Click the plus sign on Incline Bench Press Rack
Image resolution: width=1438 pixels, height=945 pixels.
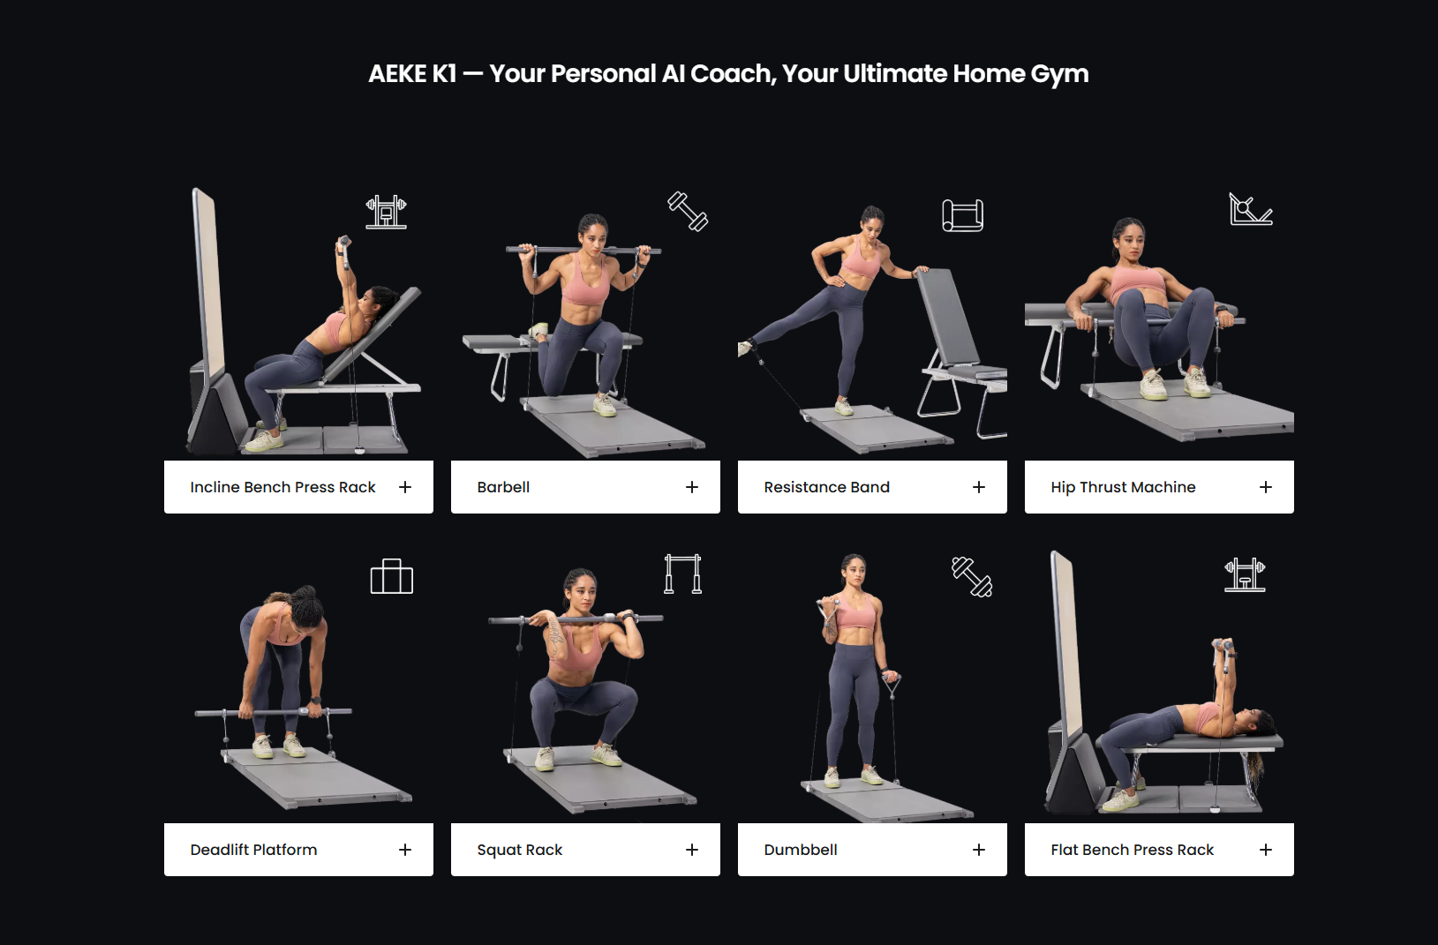[x=405, y=487]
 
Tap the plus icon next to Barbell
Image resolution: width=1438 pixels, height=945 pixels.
[x=692, y=487]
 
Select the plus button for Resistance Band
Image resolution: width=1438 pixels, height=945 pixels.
[x=979, y=487]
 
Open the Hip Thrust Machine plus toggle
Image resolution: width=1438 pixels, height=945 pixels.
[x=1266, y=487]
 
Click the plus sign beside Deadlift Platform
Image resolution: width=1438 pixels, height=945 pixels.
[x=405, y=850]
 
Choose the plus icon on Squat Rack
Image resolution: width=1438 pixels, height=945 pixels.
[x=692, y=850]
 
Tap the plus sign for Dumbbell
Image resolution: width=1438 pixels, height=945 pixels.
[x=979, y=850]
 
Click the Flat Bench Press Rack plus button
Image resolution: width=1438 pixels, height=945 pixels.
[x=1266, y=850]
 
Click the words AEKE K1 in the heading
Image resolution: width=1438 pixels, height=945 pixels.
[x=412, y=74]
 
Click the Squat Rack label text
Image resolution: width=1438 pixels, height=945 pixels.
[x=519, y=850]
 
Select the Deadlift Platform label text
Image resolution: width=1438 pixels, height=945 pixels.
[x=253, y=850]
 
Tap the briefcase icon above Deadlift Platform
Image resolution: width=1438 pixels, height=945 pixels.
[x=392, y=577]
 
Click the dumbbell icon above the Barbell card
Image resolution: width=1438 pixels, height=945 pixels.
[x=688, y=211]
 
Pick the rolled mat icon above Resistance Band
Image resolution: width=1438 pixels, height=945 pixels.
[x=963, y=215]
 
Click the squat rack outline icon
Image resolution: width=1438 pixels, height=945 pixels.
[x=682, y=574]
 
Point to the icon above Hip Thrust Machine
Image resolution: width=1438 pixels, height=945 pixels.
[x=1251, y=209]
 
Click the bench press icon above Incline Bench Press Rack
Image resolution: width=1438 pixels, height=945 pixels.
[x=386, y=212]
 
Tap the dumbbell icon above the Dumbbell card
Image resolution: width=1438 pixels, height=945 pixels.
[x=972, y=577]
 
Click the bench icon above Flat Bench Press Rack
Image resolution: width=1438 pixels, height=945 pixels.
[x=1245, y=574]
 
